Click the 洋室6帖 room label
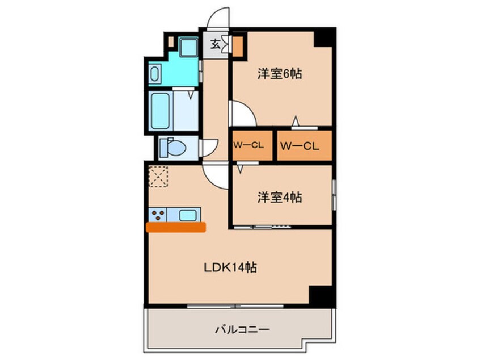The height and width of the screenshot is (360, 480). coord(279,74)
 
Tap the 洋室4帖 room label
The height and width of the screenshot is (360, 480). coord(279,198)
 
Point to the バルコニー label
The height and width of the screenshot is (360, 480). coord(241,329)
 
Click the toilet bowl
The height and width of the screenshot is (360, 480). coord(173,149)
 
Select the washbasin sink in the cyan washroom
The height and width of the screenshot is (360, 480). coord(156,73)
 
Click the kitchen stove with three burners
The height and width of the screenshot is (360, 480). coord(159,215)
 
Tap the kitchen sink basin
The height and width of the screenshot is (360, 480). coord(188,215)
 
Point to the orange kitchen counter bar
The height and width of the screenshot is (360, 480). coord(176,227)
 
